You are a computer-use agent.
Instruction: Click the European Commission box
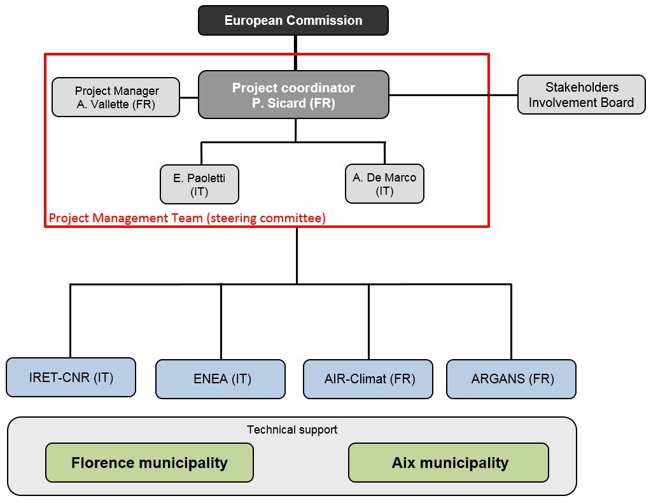pyautogui.click(x=293, y=20)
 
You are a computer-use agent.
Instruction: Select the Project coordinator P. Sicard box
pyautogui.click(x=293, y=95)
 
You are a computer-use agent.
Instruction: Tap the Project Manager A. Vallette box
pyautogui.click(x=116, y=97)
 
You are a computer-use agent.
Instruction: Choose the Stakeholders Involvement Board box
pyautogui.click(x=581, y=95)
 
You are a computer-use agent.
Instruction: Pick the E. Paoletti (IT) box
pyautogui.click(x=199, y=185)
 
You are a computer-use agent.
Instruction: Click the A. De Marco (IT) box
pyautogui.click(x=384, y=183)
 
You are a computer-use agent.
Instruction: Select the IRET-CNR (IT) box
pyautogui.click(x=71, y=377)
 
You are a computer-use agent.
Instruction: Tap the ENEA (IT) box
pyautogui.click(x=220, y=379)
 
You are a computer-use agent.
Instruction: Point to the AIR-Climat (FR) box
pyautogui.click(x=368, y=379)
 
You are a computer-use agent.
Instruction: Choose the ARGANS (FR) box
pyautogui.click(x=511, y=379)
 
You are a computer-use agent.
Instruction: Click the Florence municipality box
pyautogui.click(x=150, y=463)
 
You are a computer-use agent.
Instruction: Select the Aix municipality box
pyautogui.click(x=449, y=463)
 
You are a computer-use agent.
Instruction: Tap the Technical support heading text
pyautogui.click(x=292, y=430)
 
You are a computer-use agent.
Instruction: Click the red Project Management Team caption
pyautogui.click(x=187, y=218)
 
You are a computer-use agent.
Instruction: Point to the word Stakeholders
pyautogui.click(x=582, y=87)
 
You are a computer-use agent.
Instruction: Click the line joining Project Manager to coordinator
pyautogui.click(x=189, y=97)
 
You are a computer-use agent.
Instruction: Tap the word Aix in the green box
pyautogui.click(x=403, y=463)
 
